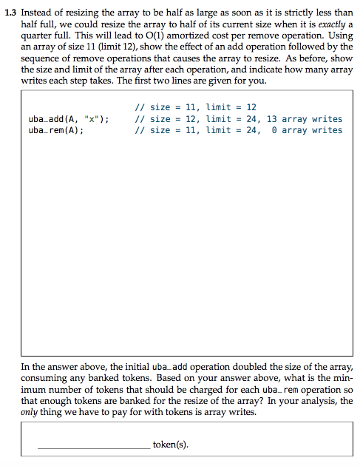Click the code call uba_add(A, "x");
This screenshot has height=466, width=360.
pyautogui.click(x=69, y=119)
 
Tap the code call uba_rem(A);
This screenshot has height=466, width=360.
pyautogui.click(x=55, y=130)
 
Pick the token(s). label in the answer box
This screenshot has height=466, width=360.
pyautogui.click(x=170, y=445)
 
